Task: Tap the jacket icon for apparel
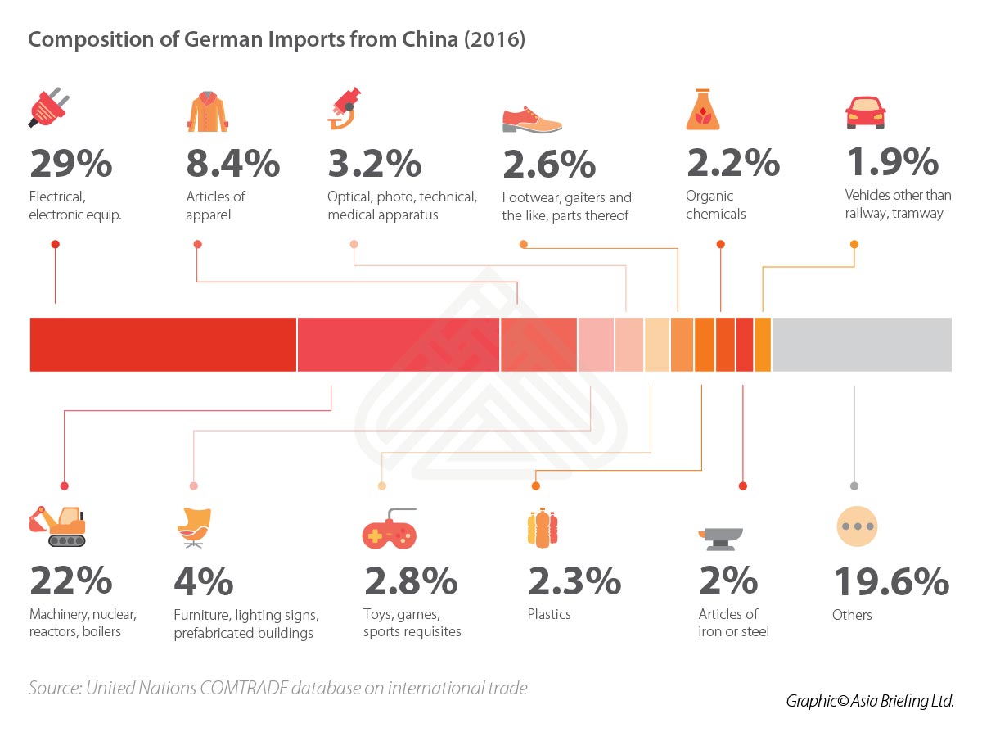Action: click(207, 111)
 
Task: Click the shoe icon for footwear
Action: click(532, 120)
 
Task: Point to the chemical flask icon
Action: click(702, 111)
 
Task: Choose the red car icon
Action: click(865, 112)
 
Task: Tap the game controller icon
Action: click(389, 530)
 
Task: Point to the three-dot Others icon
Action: click(856, 526)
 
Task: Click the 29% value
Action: click(70, 163)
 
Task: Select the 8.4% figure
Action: click(233, 163)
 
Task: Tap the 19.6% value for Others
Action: click(891, 582)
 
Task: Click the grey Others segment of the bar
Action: click(861, 345)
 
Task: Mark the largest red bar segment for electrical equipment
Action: click(163, 345)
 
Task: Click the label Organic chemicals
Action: click(716, 205)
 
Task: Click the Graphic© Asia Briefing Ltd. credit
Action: click(870, 701)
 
